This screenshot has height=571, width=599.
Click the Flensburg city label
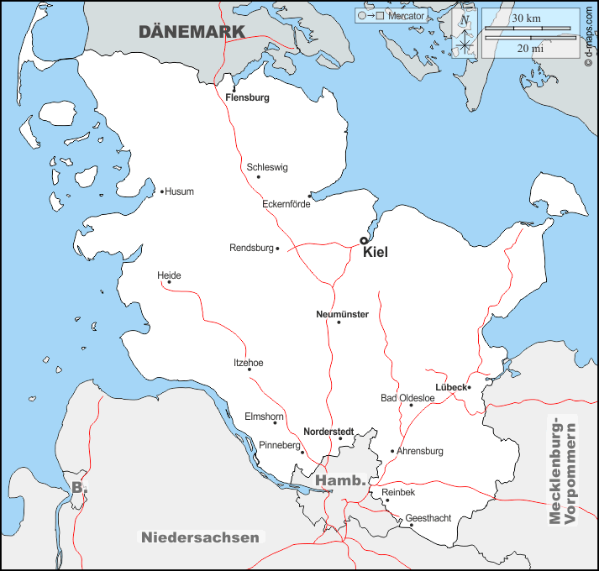tap(247, 97)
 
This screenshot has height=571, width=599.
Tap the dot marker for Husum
tap(162, 191)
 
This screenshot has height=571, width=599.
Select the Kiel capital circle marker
tap(364, 240)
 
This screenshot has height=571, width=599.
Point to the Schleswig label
tap(267, 167)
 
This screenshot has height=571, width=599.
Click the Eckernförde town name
tap(286, 204)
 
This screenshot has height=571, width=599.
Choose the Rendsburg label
tap(252, 249)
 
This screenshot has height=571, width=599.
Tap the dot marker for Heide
tap(169, 282)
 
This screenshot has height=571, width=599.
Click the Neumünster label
tap(342, 314)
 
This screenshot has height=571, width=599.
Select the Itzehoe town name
tap(248, 363)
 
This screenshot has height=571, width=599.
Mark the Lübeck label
tap(450, 387)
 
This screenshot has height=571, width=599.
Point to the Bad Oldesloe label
tap(407, 398)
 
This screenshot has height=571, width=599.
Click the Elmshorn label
tap(264, 416)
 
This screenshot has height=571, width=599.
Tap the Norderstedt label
tap(328, 431)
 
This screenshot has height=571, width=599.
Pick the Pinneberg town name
tap(279, 445)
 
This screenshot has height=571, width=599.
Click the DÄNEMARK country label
tap(192, 32)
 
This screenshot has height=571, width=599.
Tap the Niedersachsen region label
tap(200, 537)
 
